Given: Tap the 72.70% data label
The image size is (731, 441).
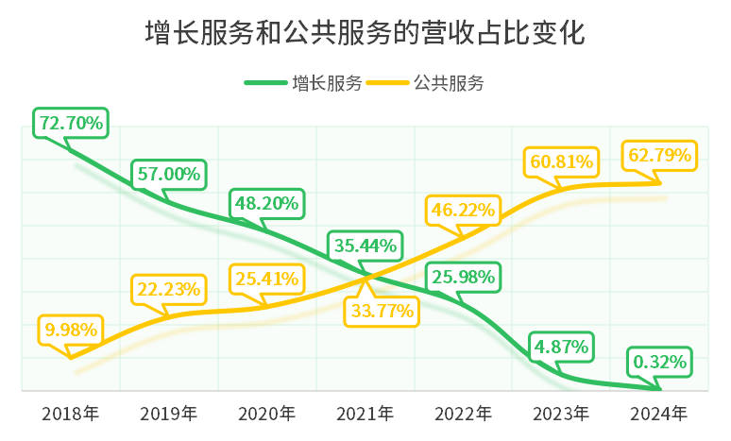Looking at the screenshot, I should point(71,123).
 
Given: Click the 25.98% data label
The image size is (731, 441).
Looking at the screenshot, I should point(463,278).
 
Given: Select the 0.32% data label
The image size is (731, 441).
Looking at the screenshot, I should point(661,362).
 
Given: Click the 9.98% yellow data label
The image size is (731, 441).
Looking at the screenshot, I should point(71,330).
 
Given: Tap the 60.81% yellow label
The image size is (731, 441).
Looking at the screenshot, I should point(561,161).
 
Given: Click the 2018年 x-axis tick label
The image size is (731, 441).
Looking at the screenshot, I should point(71,413).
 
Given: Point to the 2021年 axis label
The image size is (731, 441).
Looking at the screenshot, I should point(365,413).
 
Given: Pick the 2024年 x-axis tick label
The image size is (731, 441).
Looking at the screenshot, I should point(659,413).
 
